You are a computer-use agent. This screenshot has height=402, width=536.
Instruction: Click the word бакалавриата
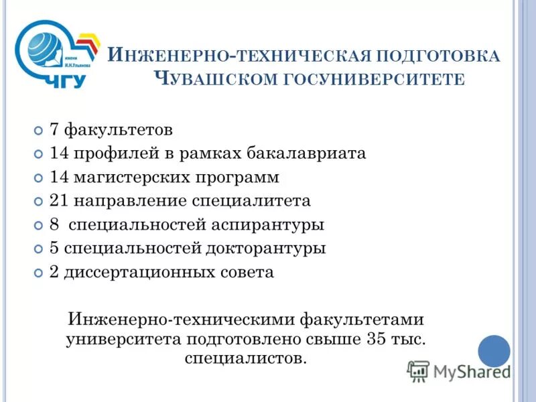tap(309, 153)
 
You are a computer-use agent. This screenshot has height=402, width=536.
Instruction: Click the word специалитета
tap(253, 201)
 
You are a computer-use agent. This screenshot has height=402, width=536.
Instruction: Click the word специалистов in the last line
tap(243, 358)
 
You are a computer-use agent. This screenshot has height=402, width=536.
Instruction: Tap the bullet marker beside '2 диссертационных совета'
tap(38, 273)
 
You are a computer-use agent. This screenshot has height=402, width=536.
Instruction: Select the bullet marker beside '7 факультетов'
tap(38, 129)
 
